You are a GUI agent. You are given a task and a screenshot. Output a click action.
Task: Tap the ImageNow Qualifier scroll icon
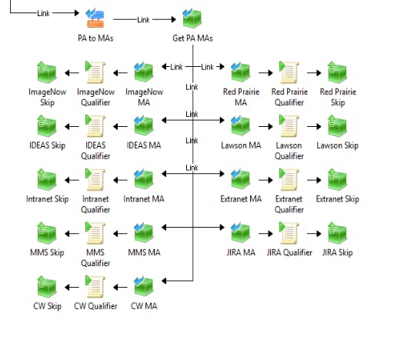(95, 72)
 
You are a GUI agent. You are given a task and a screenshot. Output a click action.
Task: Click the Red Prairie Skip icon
(337, 72)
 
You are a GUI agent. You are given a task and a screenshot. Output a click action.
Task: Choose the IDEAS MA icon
(143, 125)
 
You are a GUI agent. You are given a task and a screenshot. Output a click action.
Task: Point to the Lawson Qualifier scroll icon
(289, 125)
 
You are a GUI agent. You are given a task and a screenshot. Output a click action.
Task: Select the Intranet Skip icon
(47, 179)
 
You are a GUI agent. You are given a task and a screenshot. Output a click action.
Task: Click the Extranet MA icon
(240, 179)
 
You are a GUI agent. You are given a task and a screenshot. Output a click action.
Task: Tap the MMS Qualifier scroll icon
(95, 233)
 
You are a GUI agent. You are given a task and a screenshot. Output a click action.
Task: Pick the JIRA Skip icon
(337, 233)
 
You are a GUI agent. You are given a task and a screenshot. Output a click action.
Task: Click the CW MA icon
(143, 286)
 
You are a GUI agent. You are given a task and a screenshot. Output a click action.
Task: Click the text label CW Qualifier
(95, 306)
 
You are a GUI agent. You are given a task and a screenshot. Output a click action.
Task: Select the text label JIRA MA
(241, 252)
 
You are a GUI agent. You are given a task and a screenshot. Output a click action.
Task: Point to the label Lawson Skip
(338, 145)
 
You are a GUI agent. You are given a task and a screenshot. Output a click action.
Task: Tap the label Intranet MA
(144, 198)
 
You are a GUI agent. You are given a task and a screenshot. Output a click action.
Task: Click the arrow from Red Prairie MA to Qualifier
(265, 73)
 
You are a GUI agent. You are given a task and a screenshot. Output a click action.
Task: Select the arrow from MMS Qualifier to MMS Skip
(72, 234)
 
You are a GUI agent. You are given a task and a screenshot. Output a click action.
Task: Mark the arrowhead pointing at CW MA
(164, 281)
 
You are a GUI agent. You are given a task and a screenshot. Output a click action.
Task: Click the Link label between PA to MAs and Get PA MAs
(143, 19)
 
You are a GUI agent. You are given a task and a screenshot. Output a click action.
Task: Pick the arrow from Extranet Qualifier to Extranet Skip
(314, 180)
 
